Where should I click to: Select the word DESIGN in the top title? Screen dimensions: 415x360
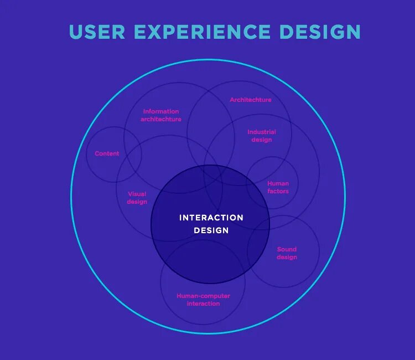click(320, 32)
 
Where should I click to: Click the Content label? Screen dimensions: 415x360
click(107, 153)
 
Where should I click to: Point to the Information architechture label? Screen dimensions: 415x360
click(161, 115)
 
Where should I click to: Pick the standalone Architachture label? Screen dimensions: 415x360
click(251, 100)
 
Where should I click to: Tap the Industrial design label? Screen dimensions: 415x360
click(262, 136)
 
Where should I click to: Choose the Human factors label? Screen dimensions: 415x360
click(278, 187)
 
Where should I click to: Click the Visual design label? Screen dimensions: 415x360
click(137, 198)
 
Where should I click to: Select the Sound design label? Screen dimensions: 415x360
click(287, 253)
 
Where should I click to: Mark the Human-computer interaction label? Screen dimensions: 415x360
click(203, 300)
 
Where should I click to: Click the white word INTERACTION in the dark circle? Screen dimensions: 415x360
click(211, 218)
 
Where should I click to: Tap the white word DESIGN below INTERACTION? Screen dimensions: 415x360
click(211, 230)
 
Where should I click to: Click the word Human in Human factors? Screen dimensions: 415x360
click(278, 183)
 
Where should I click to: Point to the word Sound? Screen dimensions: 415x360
click(287, 249)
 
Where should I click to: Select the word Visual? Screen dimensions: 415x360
click(137, 194)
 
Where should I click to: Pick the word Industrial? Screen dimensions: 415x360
click(262, 132)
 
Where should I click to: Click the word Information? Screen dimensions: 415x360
click(161, 111)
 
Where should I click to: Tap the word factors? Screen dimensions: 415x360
click(278, 191)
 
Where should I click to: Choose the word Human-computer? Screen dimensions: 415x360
click(203, 296)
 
